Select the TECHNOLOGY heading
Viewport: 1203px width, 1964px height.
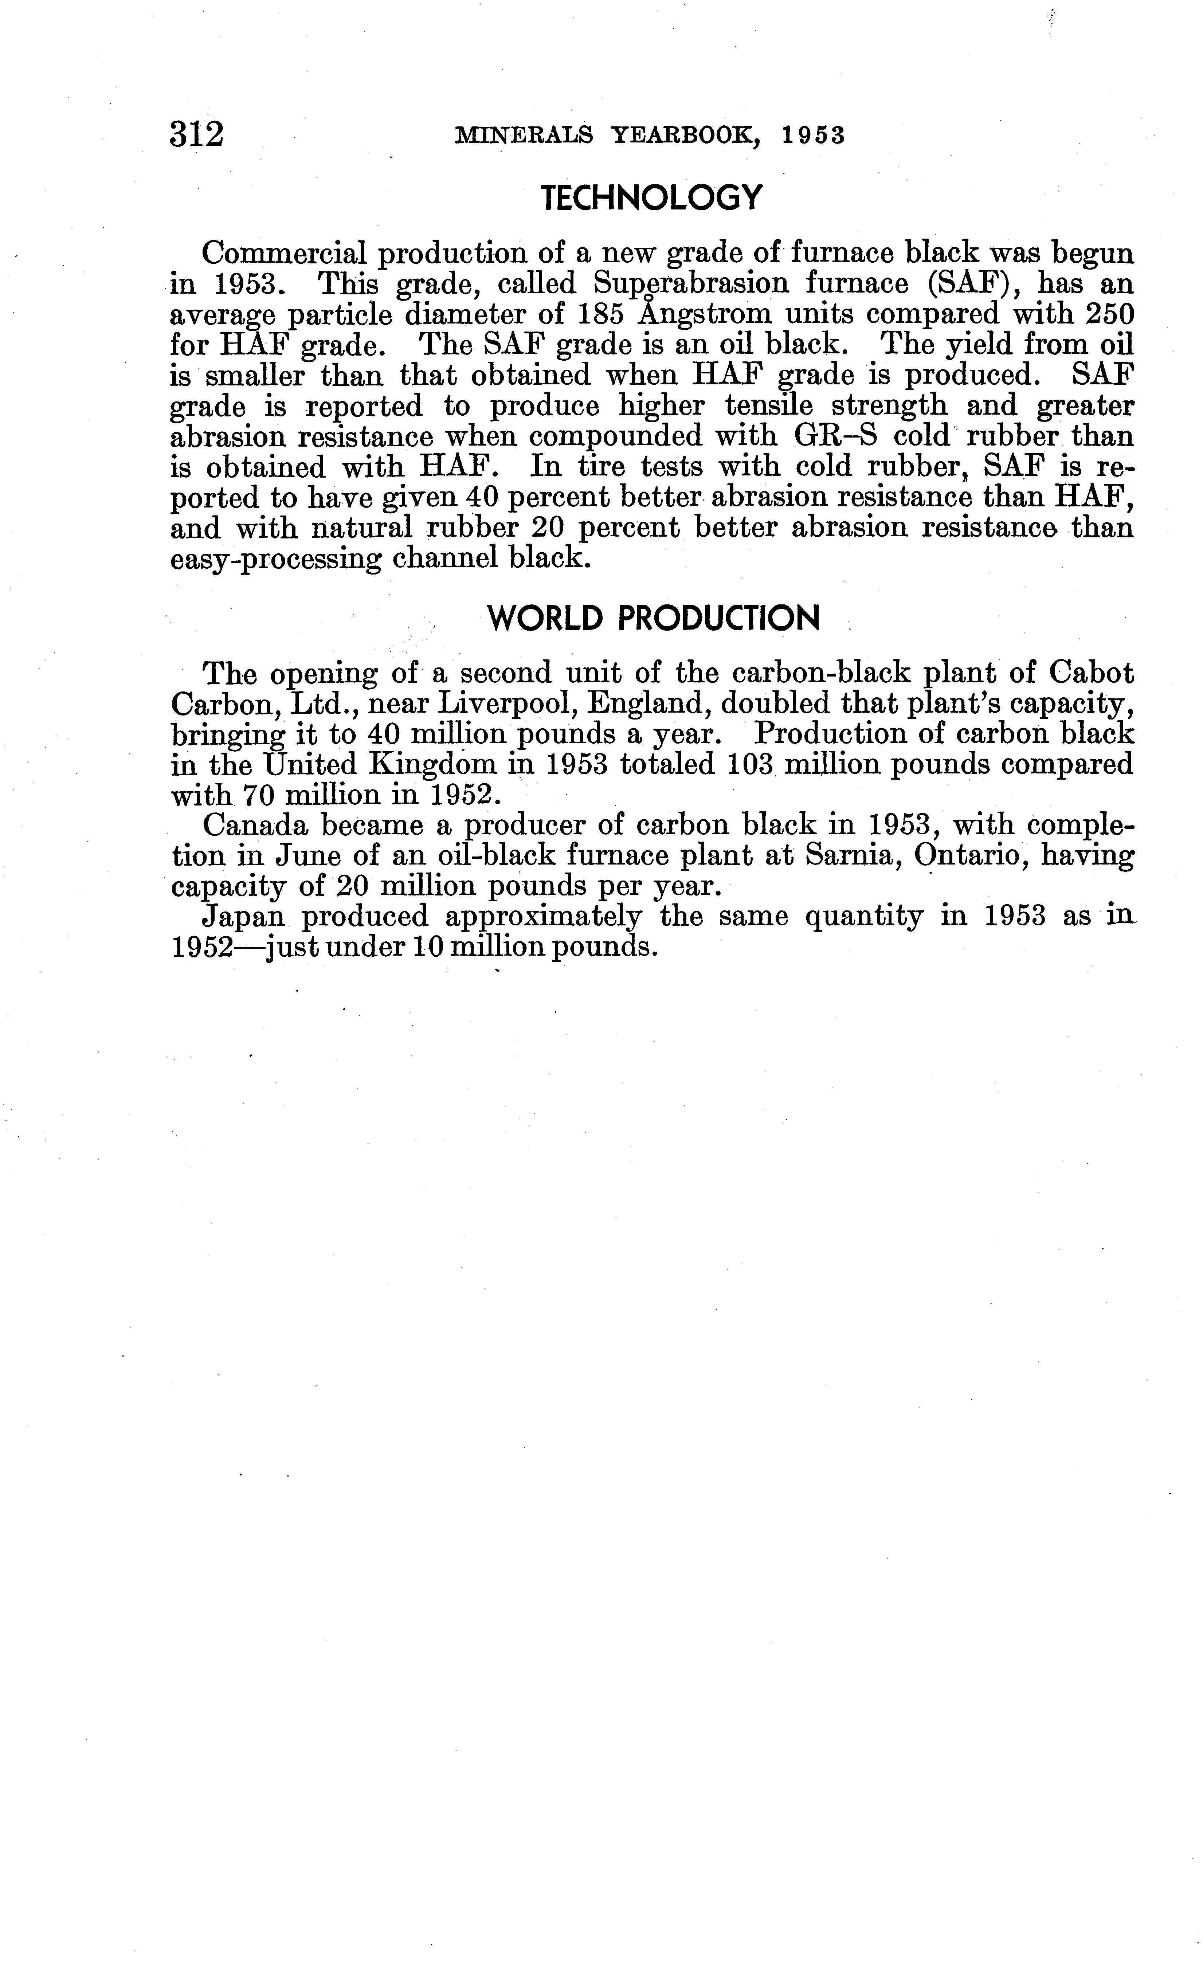pyautogui.click(x=651, y=198)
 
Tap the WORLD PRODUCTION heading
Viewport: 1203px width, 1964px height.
pyautogui.click(x=653, y=619)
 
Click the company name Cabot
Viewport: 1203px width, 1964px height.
pyautogui.click(x=1090, y=674)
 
